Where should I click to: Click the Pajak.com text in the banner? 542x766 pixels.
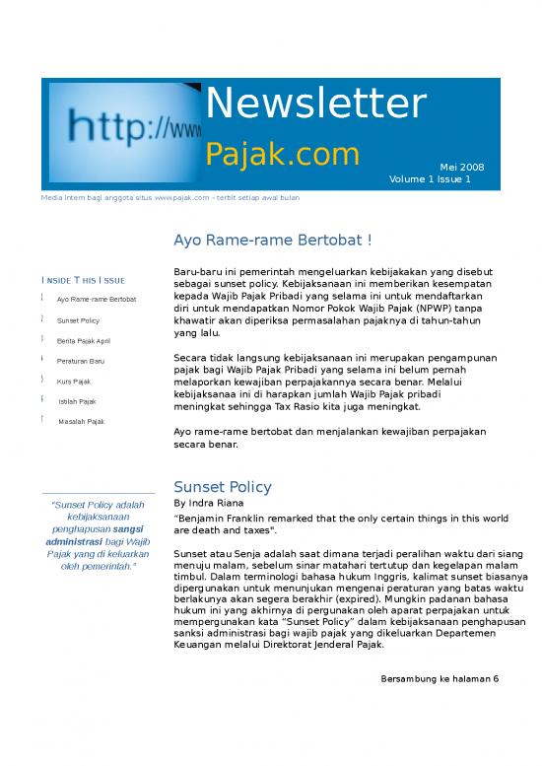coord(282,154)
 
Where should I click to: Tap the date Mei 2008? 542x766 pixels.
coord(461,167)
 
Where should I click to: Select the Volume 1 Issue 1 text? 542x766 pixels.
coord(429,179)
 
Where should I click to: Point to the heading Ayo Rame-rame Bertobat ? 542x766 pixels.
coord(272,241)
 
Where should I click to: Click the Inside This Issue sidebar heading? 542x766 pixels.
coord(83,280)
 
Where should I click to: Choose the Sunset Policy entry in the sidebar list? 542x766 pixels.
coord(78,321)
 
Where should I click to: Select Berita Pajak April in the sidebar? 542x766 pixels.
coord(84,341)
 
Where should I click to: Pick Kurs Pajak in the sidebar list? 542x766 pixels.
coord(74,381)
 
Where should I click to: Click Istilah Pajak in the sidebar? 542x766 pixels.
coord(77,401)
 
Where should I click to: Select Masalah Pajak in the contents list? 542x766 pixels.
coord(81,422)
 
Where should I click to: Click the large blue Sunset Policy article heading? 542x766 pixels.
coord(222,487)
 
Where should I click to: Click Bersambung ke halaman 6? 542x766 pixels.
coord(439,678)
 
